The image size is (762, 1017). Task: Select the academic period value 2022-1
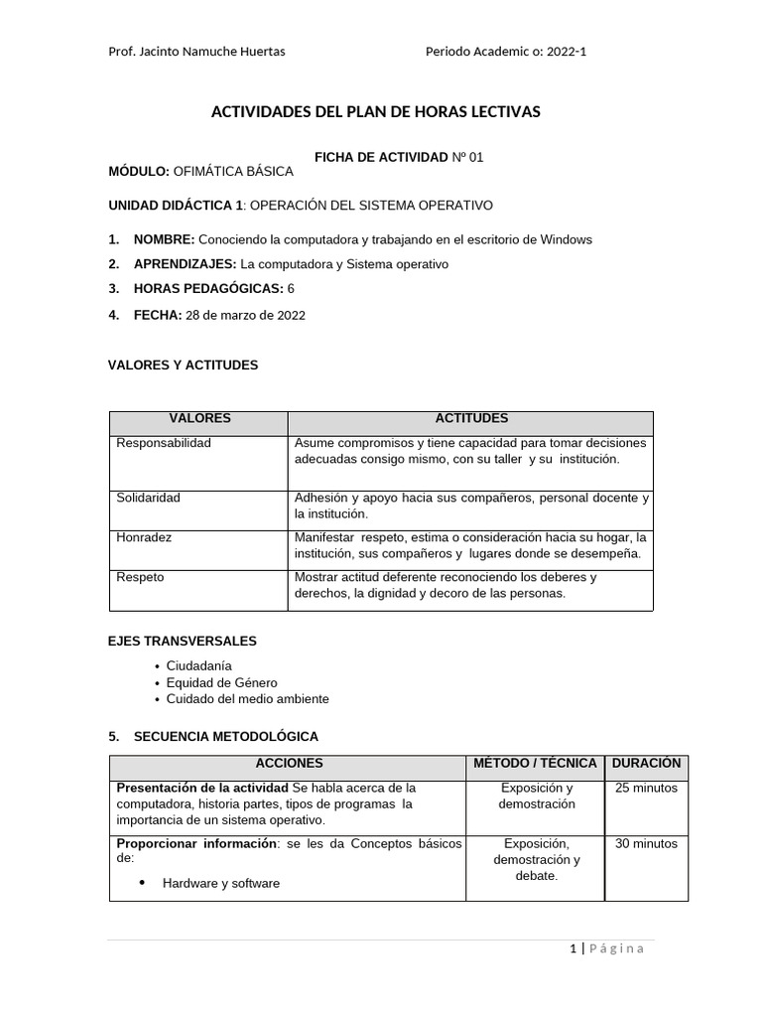pyautogui.click(x=566, y=52)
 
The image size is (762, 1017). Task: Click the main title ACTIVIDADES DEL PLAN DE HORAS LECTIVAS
pyautogui.click(x=376, y=112)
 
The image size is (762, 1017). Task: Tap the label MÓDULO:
pyautogui.click(x=139, y=172)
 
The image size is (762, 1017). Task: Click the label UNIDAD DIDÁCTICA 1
pyautogui.click(x=175, y=206)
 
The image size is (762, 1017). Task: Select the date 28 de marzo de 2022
pyautogui.click(x=245, y=316)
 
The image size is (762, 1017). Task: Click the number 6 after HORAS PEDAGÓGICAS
pyautogui.click(x=291, y=289)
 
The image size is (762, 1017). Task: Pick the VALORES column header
pyautogui.click(x=199, y=419)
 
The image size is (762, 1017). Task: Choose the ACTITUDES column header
pyautogui.click(x=470, y=419)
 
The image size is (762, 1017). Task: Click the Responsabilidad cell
pyautogui.click(x=164, y=443)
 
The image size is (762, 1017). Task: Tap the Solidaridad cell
pyautogui.click(x=149, y=498)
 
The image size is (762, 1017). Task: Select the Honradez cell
pyautogui.click(x=145, y=537)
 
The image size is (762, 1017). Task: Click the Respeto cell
pyautogui.click(x=141, y=577)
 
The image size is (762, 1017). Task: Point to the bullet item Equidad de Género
pyautogui.click(x=221, y=682)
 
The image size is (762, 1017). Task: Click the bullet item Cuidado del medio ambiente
pyautogui.click(x=247, y=699)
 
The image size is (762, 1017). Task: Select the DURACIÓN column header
pyautogui.click(x=646, y=764)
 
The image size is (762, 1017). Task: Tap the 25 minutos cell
pyautogui.click(x=646, y=789)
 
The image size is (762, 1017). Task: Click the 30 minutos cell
pyautogui.click(x=646, y=844)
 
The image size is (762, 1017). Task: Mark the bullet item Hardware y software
pyautogui.click(x=220, y=883)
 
